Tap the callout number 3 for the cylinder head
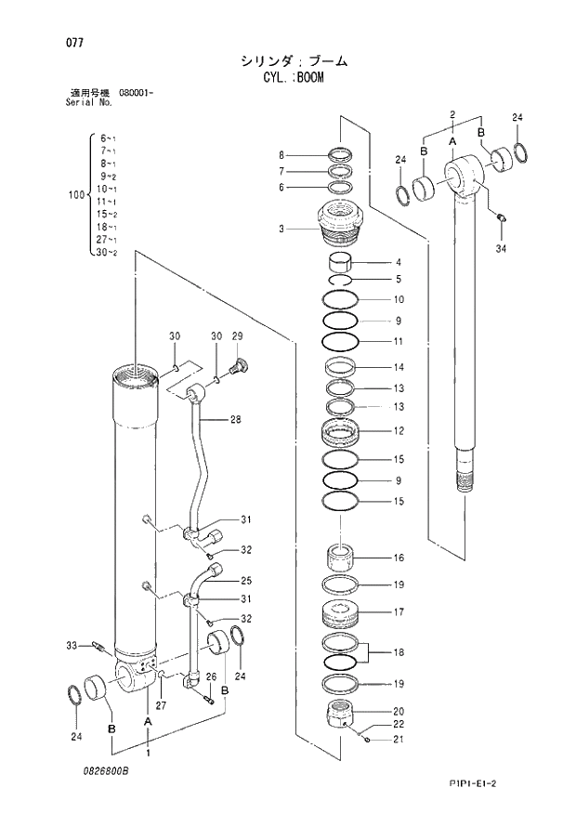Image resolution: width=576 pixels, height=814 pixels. point(281,228)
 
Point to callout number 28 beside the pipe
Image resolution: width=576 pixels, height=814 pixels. point(235,420)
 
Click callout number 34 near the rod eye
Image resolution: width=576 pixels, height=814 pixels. point(501,249)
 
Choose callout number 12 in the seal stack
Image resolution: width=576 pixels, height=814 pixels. point(399,431)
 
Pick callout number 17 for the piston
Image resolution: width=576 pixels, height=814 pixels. point(399,612)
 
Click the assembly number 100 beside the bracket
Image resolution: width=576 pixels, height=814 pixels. point(75,195)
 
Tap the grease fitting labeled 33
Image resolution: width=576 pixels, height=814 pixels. point(99,645)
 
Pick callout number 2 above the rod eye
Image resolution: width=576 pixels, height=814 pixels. point(452,114)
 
